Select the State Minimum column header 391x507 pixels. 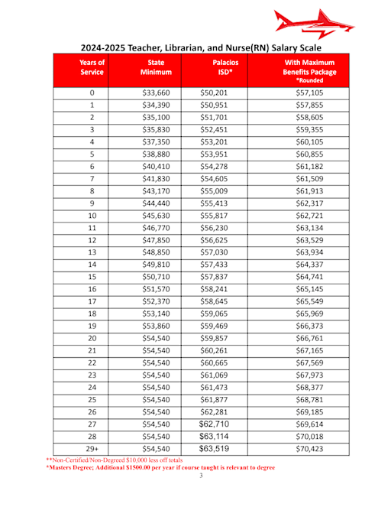[157, 67]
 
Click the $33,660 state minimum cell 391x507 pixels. [157, 93]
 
